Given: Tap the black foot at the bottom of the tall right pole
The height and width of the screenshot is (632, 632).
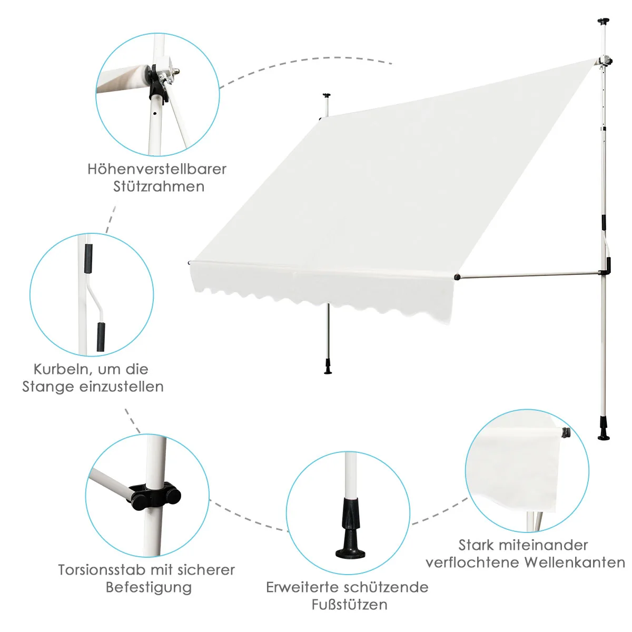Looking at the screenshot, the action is click(x=604, y=432).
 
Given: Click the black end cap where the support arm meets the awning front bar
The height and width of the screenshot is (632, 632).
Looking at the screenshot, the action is click(x=457, y=277).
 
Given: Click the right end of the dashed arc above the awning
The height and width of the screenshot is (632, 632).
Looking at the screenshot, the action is click(x=392, y=64).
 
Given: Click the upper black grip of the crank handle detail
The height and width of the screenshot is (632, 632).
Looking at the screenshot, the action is click(x=88, y=259).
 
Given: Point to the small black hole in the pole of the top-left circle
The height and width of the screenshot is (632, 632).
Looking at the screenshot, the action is click(x=155, y=114).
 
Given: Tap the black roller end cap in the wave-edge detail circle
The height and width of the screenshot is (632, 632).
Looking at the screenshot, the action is click(x=566, y=433).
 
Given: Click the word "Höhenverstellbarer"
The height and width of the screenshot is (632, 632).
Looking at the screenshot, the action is click(x=157, y=169).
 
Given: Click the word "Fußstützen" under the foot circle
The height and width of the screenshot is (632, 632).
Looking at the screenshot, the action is click(x=350, y=605).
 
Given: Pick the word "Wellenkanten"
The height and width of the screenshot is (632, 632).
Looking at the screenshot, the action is click(x=575, y=563).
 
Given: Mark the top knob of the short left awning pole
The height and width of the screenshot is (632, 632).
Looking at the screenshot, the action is click(x=327, y=96).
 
